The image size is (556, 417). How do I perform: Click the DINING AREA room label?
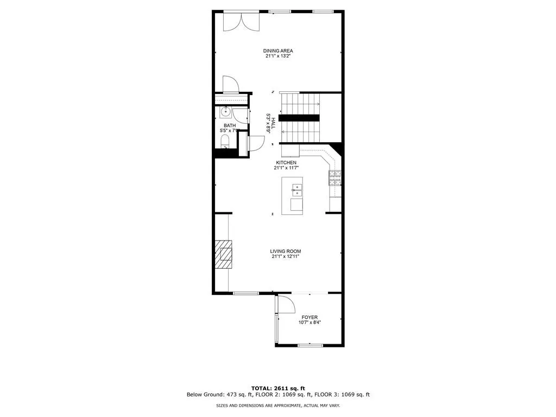(278, 51)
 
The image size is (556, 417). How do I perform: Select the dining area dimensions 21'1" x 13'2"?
(278, 56)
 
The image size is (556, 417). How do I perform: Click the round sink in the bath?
(225, 113)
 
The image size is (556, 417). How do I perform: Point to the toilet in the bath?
(225, 143)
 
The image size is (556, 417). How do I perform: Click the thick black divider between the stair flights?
(299, 118)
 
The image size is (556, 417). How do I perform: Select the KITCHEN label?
(286, 163)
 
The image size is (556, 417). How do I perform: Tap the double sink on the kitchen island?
(297, 189)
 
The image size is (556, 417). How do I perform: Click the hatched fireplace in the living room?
(223, 254)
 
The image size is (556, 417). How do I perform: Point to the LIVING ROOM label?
(286, 251)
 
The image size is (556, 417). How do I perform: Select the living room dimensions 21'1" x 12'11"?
(286, 257)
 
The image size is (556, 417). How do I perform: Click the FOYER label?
(309, 317)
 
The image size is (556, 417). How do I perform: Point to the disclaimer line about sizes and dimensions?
(278, 406)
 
